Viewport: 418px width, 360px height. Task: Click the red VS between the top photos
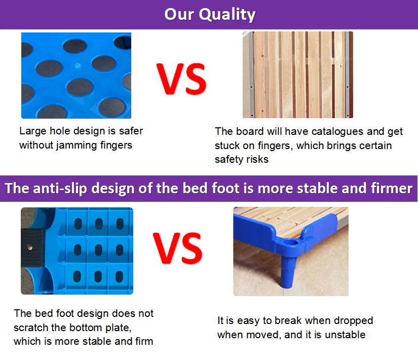click(x=181, y=79)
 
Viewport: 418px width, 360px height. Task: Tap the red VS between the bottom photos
click(x=178, y=248)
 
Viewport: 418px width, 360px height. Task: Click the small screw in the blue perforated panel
click(x=78, y=65)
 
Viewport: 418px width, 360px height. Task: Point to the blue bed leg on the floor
click(x=288, y=272)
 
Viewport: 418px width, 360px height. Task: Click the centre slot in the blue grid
click(x=99, y=250)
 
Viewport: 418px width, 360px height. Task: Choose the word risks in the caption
click(x=257, y=159)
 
